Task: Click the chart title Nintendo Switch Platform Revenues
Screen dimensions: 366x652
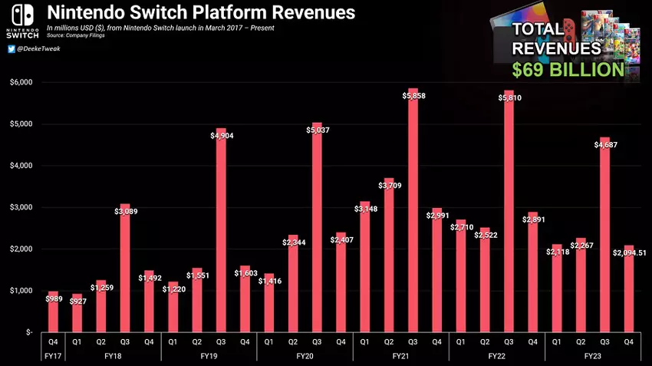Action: (x=201, y=13)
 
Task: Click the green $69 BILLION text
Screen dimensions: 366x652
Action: (x=568, y=70)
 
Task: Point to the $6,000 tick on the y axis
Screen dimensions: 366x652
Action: (x=21, y=82)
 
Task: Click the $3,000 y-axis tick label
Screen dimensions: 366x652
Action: (x=21, y=207)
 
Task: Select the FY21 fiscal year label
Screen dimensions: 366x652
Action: (x=400, y=358)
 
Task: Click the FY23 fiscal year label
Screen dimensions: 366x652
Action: (x=591, y=358)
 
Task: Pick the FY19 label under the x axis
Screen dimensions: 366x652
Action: (x=209, y=358)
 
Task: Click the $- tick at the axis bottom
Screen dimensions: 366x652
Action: (x=27, y=332)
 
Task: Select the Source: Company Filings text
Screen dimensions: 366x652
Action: (x=75, y=35)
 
